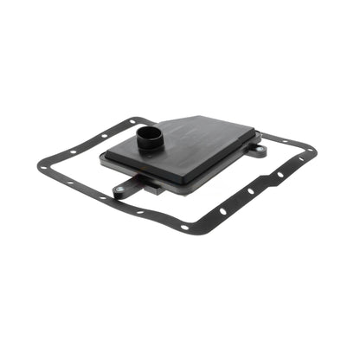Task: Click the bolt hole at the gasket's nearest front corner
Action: point(183,227)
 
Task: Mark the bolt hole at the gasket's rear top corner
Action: point(152,120)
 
